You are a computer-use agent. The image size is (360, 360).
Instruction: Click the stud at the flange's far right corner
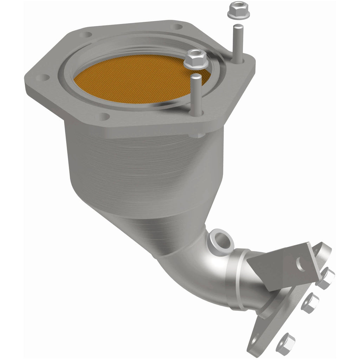point(238,44)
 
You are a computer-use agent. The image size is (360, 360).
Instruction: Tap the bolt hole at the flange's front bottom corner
point(103,117)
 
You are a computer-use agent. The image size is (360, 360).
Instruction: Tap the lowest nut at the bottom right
point(285,343)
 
